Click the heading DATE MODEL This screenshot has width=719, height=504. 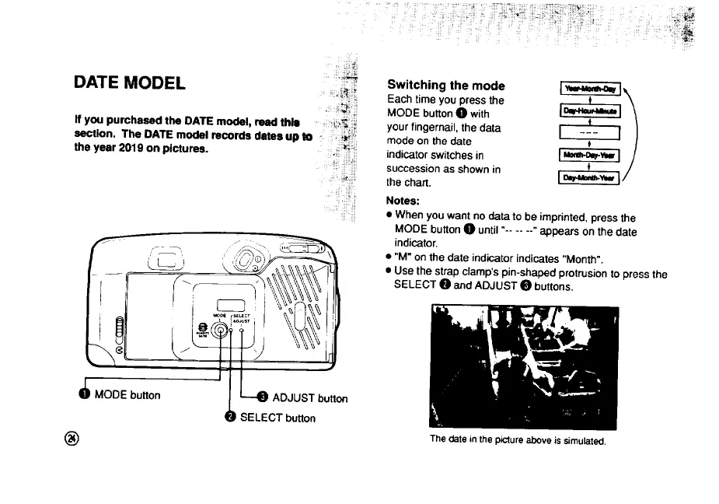(x=130, y=83)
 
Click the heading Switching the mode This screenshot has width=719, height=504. (x=445, y=85)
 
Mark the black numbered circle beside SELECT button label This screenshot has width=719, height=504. (x=230, y=417)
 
